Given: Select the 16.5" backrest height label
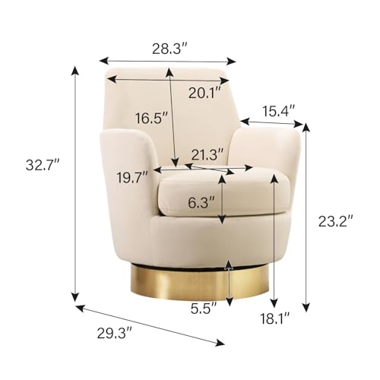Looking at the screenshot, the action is tap(151, 118).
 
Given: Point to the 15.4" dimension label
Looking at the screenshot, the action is tap(278, 111).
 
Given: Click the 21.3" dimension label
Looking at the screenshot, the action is tap(207, 154).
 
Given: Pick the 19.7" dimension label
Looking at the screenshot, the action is tap(132, 177).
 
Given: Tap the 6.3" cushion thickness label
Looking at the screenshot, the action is tap(201, 202).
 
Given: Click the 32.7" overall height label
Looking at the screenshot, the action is tap(43, 166).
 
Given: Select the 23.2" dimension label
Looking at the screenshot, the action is tap(335, 221).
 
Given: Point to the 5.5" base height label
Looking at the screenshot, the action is tap(204, 308).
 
